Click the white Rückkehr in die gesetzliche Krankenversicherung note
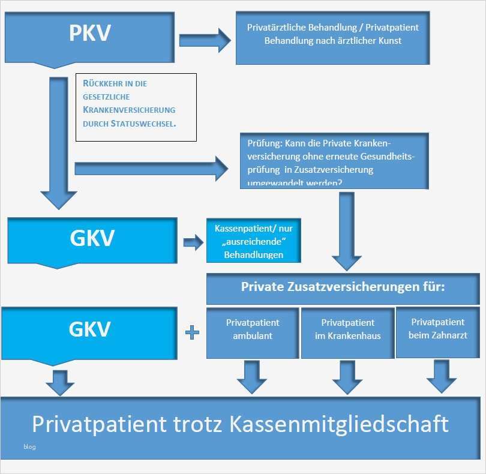tap(136, 107)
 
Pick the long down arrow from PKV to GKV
tap(58, 144)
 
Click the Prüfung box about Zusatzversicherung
tap(334, 161)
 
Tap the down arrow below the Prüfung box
tap(346, 231)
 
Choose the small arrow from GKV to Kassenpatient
tap(193, 242)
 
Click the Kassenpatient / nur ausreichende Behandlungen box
tap(253, 239)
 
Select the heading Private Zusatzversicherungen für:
tap(343, 287)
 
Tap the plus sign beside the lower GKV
tap(192, 332)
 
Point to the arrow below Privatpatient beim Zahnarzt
tap(442, 377)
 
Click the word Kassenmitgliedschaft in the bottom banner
tap(339, 424)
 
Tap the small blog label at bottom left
tap(29, 447)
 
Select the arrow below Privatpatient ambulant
tap(252, 377)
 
